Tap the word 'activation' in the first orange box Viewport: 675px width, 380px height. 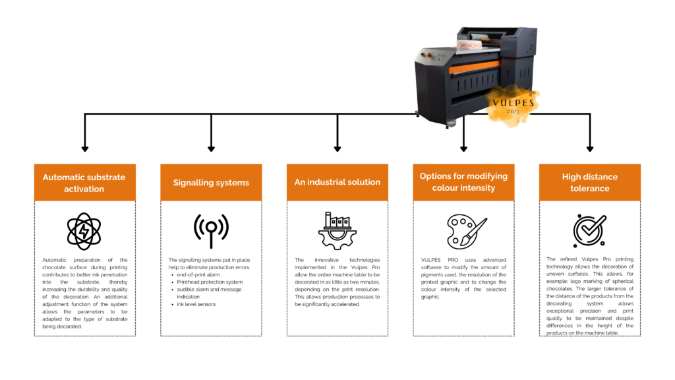(x=84, y=189)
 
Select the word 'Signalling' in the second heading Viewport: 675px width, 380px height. (x=192, y=183)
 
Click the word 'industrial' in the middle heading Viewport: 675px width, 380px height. (x=328, y=182)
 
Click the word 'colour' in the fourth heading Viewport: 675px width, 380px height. (x=446, y=188)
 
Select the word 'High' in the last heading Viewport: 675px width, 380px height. (x=572, y=177)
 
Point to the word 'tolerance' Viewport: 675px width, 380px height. (x=590, y=189)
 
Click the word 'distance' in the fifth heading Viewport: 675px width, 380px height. (x=601, y=177)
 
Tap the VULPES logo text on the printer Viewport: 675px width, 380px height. (x=513, y=103)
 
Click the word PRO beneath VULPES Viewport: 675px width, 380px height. (x=513, y=112)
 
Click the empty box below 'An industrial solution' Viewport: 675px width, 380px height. (x=337, y=269)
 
